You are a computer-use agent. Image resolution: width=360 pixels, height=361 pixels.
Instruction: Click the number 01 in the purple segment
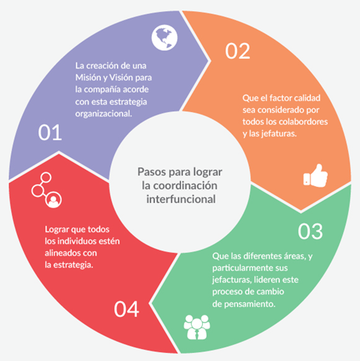point(50,133)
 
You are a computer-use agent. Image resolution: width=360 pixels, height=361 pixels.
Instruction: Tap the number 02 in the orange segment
point(238,51)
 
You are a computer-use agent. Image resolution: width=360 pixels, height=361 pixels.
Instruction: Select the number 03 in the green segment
point(310,231)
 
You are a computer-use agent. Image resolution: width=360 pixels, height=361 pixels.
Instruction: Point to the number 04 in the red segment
point(127,309)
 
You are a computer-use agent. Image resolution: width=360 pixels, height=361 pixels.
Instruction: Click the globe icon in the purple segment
point(164,38)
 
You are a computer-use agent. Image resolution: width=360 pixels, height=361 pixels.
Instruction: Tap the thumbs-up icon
point(316,176)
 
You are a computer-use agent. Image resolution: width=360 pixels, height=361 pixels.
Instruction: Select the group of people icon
point(197,327)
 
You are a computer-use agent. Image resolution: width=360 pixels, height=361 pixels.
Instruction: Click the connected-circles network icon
point(47,190)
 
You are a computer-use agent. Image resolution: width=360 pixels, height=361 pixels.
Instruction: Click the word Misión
point(88,78)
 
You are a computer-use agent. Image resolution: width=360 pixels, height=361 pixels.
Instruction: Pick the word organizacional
point(104,114)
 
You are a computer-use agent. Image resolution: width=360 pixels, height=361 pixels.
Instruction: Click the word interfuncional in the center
point(181,199)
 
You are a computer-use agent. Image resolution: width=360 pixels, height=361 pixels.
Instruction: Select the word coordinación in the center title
point(185,185)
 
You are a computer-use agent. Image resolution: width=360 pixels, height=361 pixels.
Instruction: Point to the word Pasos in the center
point(152,172)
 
